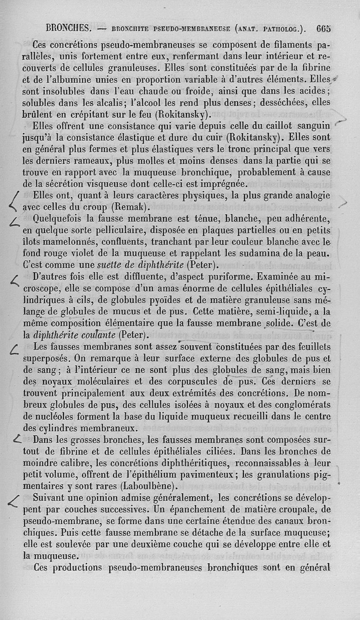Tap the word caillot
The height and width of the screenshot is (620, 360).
[272, 126]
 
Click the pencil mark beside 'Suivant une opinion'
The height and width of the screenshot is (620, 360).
[16, 502]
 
